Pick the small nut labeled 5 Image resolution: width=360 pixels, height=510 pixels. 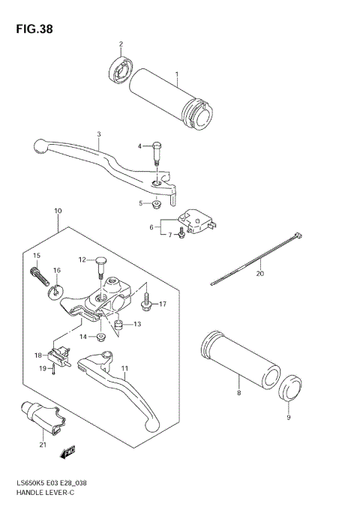click(155, 204)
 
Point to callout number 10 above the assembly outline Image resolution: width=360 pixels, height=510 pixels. click(58, 211)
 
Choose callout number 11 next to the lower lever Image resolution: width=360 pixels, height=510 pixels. click(124, 369)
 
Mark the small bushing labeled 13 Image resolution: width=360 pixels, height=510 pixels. click(118, 324)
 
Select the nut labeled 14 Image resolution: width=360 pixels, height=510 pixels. click(103, 336)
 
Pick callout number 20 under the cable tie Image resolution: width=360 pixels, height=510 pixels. click(260, 274)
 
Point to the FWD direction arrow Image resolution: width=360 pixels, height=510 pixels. click(68, 451)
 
